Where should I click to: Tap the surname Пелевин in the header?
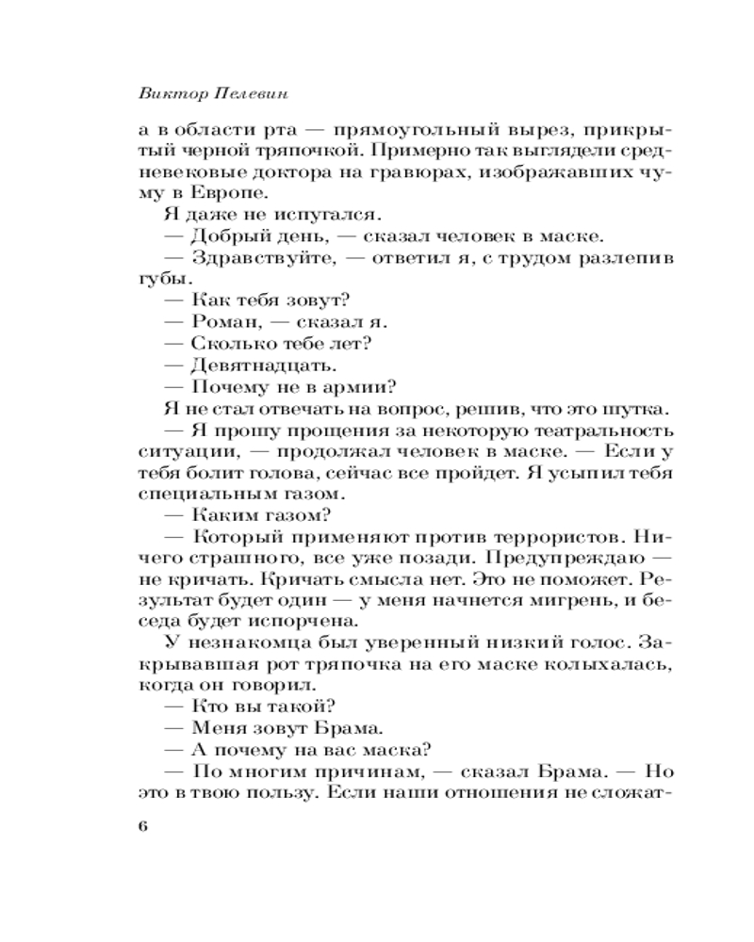pos(246,92)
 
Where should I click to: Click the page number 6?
pos(143,826)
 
